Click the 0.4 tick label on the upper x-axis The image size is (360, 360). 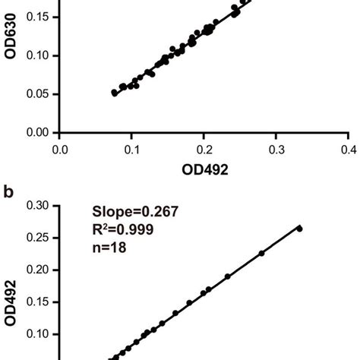(x=348, y=149)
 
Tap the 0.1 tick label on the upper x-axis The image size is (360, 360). (x=132, y=149)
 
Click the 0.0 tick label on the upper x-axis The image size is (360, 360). (x=61, y=149)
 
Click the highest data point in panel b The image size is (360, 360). (x=299, y=228)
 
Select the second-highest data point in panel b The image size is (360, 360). (x=261, y=253)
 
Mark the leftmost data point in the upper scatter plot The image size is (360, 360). (x=114, y=93)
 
